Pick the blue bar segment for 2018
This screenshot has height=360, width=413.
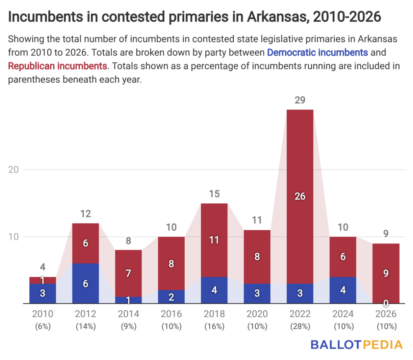click(x=214, y=290)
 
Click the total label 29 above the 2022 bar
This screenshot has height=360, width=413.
click(x=300, y=100)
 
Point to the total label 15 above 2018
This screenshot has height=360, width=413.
click(x=214, y=194)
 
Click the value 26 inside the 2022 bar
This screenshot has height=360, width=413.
click(x=300, y=197)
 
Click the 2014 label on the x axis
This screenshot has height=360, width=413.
click(x=128, y=314)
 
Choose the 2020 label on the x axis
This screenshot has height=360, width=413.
click(x=257, y=314)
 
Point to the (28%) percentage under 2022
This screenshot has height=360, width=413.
click(x=300, y=327)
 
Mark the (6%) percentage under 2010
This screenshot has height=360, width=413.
click(x=43, y=327)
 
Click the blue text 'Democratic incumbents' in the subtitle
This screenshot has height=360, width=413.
click(x=317, y=52)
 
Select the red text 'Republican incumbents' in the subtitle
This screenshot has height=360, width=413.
click(x=58, y=66)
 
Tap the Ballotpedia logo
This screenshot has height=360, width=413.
click(x=357, y=345)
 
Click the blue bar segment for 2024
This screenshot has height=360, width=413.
click(x=343, y=290)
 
